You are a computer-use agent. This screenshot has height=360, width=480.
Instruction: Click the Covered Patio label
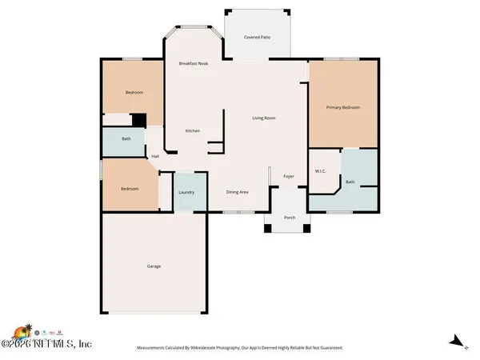click(257, 36)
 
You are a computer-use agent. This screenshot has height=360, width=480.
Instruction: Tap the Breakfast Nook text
click(193, 63)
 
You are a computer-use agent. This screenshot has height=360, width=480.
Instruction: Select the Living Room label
click(264, 118)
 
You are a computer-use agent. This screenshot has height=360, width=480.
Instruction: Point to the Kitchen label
click(192, 130)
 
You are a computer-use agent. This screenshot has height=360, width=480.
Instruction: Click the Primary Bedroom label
click(342, 106)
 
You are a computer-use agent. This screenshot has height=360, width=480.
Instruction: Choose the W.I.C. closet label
click(319, 170)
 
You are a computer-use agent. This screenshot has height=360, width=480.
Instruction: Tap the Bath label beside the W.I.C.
click(350, 182)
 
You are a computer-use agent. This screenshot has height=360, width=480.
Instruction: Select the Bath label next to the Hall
click(126, 138)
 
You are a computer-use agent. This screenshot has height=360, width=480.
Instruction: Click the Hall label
click(155, 156)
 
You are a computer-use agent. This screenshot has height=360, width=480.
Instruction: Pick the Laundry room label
click(187, 192)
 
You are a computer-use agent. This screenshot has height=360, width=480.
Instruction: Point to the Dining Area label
click(237, 192)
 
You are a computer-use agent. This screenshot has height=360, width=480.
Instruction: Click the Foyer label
click(288, 176)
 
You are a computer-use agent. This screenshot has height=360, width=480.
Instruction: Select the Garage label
click(154, 266)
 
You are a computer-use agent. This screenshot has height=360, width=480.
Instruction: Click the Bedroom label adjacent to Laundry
click(130, 189)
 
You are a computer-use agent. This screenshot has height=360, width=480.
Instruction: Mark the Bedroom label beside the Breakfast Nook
click(134, 93)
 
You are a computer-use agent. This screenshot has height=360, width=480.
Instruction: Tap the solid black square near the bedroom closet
click(138, 120)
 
